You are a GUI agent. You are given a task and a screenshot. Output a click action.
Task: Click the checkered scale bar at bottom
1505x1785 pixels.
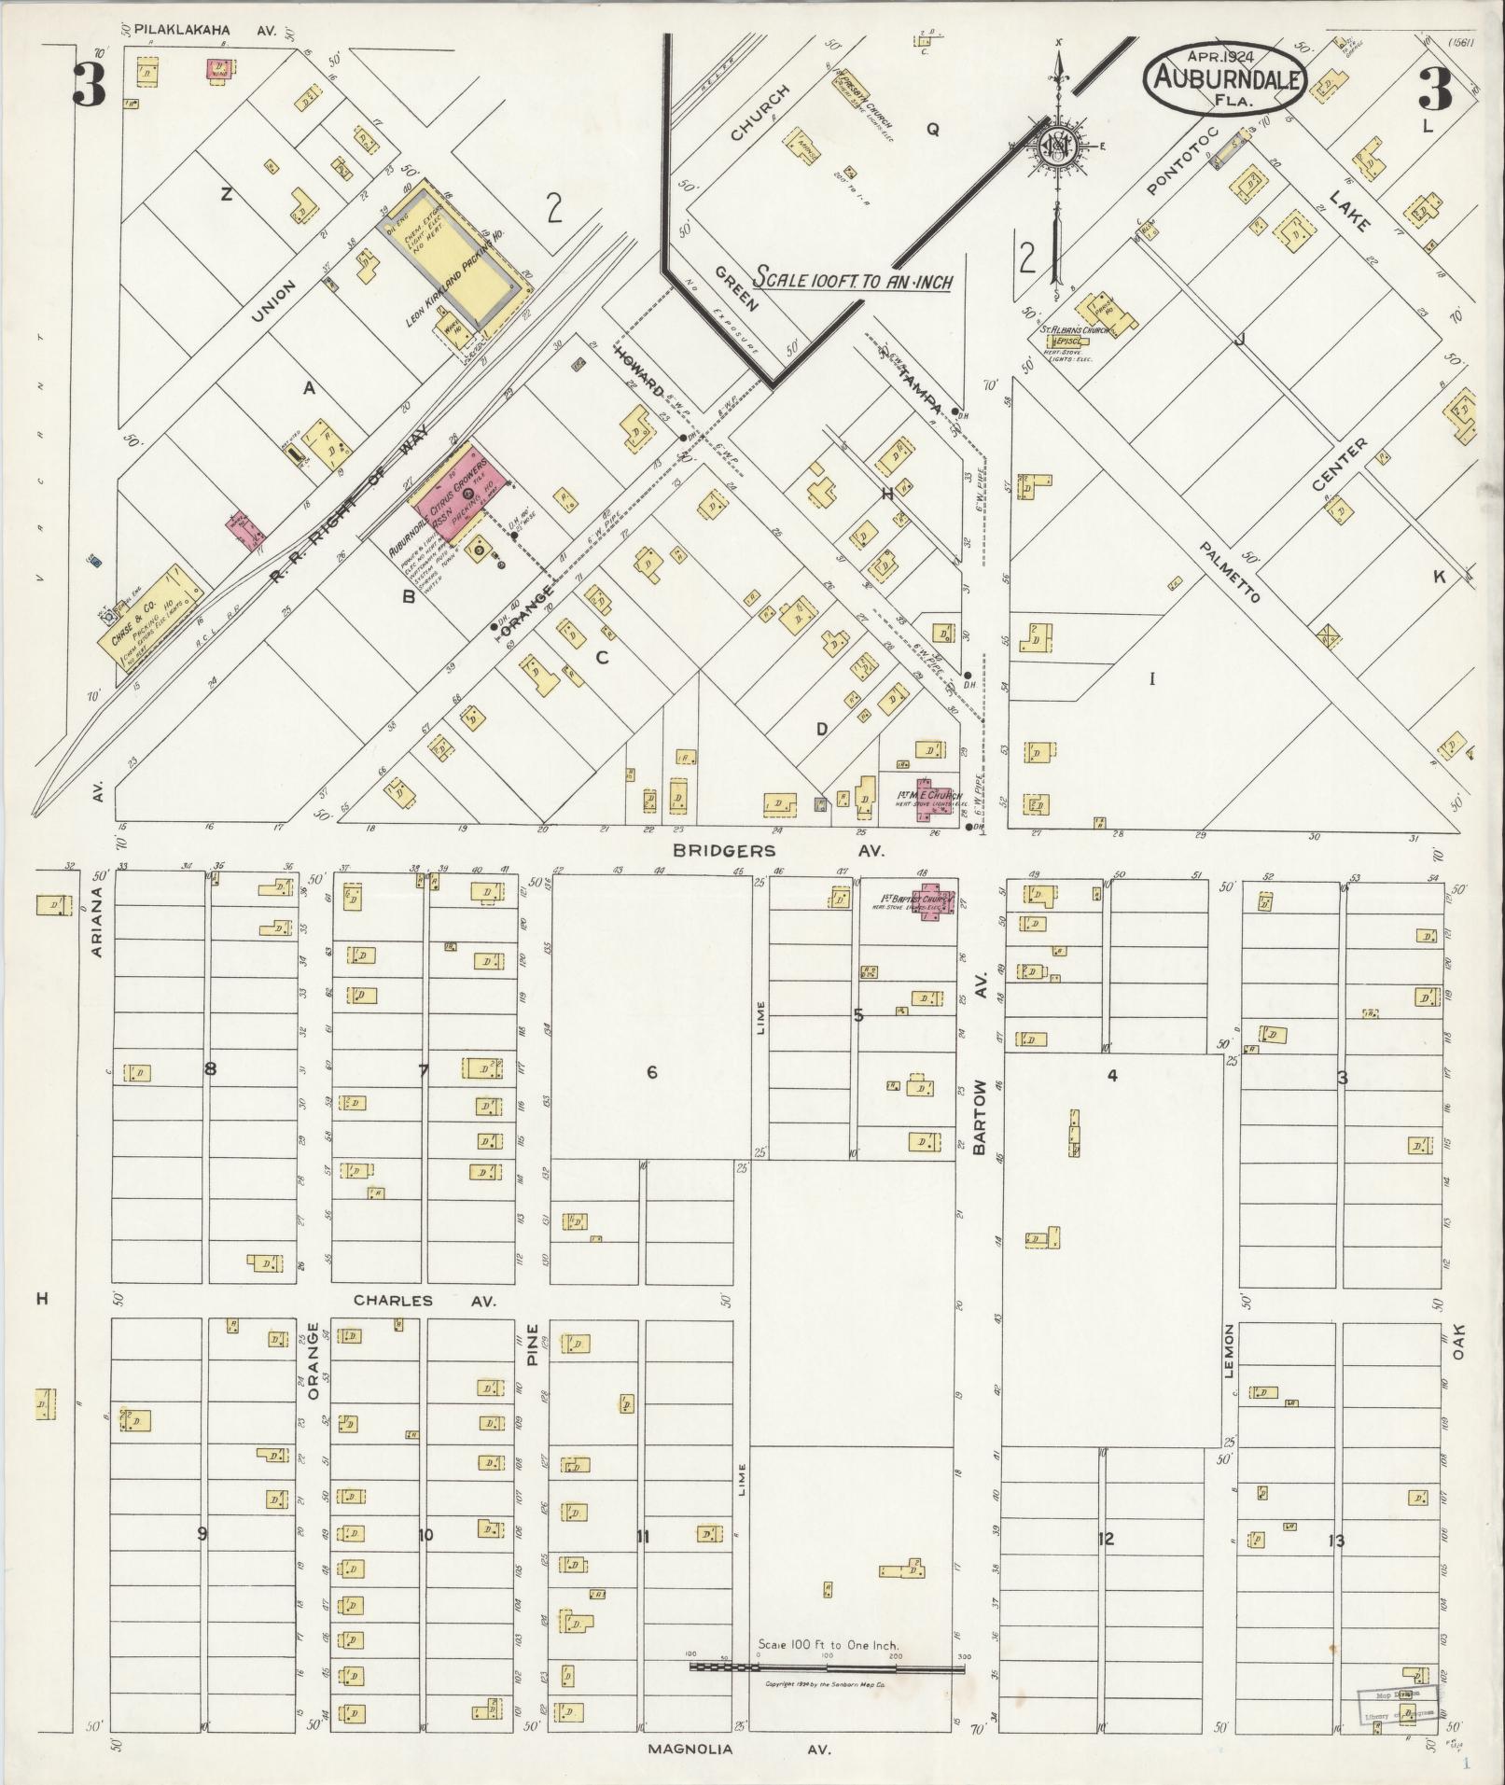[x=826, y=1666]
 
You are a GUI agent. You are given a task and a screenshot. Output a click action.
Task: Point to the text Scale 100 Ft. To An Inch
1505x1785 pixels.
[x=852, y=279]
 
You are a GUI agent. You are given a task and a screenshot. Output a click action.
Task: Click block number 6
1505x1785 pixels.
[x=651, y=1072]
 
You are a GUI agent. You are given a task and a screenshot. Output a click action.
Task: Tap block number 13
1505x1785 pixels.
[x=1336, y=1540]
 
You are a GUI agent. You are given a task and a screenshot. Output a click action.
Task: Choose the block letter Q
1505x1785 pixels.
[x=931, y=131]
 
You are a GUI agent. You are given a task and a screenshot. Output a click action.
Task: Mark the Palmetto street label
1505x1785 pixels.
[x=1231, y=570]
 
